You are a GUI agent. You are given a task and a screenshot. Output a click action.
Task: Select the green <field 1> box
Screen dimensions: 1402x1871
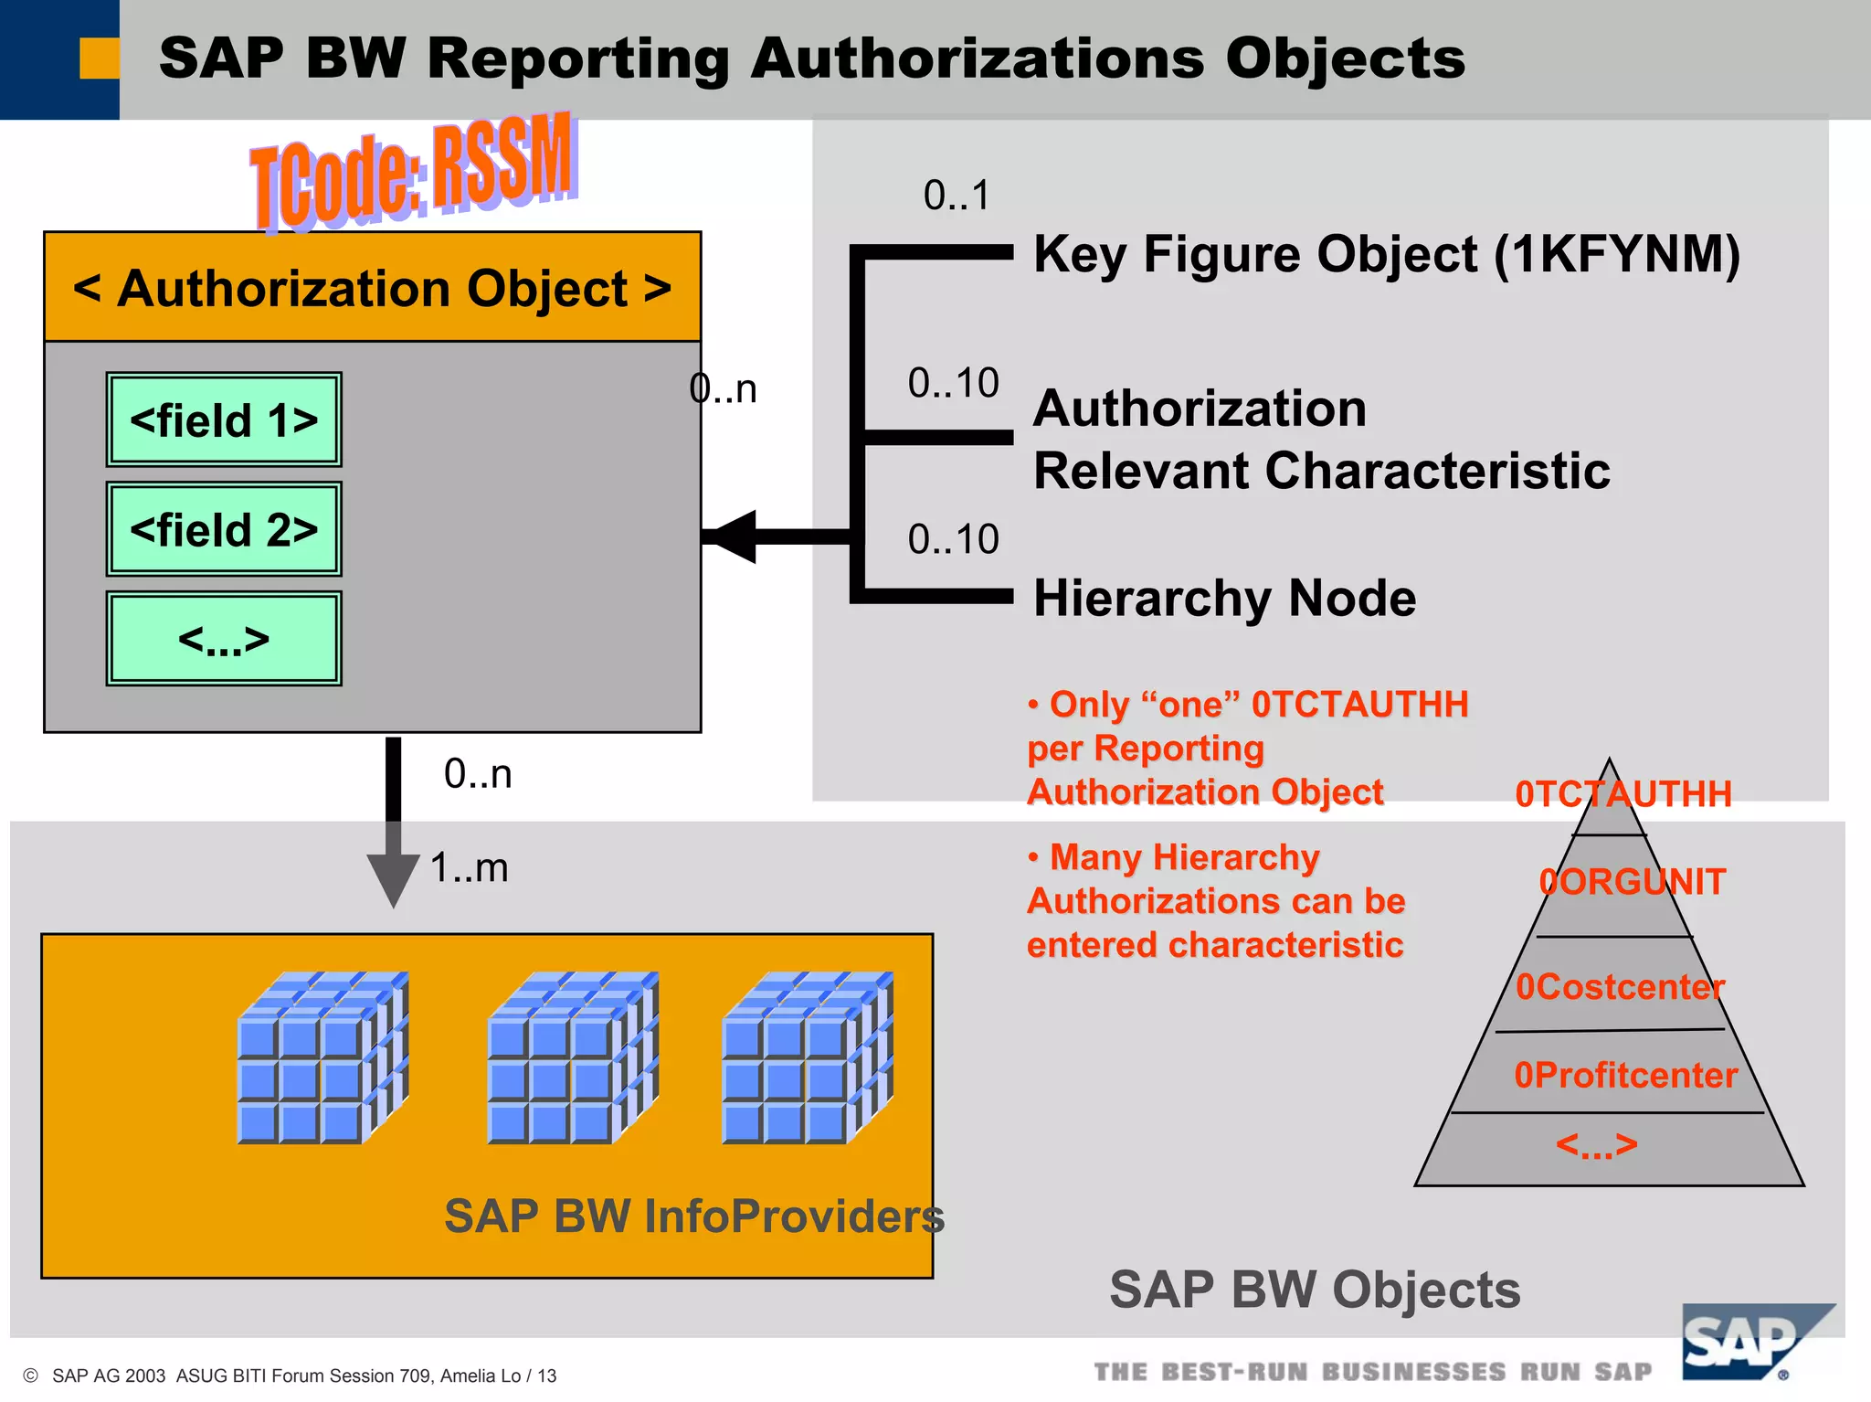224,420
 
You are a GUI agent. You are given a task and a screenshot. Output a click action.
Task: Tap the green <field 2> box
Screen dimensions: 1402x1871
224,529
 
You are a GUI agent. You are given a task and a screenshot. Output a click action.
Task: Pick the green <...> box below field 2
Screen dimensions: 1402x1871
224,639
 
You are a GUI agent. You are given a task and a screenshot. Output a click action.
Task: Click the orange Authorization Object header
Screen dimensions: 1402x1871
373,288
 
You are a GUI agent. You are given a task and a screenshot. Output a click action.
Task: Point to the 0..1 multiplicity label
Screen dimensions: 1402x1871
957,196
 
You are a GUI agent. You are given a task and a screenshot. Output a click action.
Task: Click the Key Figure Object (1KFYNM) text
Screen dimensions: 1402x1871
1386,254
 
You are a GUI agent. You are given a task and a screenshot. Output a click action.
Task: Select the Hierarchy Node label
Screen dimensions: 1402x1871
1224,599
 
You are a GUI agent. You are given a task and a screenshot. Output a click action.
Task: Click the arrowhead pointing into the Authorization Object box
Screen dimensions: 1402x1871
735,536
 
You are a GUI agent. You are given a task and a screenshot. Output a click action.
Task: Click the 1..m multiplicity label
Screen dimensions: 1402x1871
469,867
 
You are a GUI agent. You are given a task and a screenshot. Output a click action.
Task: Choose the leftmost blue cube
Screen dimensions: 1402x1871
322,1058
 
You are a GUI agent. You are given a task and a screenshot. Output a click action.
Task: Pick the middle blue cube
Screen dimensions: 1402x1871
573,1058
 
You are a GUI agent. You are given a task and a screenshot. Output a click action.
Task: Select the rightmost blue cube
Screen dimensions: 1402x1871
808,1058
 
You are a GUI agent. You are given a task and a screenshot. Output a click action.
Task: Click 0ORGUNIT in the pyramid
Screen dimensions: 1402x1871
1632,882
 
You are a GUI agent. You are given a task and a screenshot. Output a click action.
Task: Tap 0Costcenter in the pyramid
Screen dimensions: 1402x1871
1619,987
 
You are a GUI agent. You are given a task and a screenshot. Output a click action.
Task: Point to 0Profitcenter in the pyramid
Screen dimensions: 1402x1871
1625,1076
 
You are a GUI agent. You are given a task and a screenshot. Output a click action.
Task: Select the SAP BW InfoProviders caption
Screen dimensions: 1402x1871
693,1216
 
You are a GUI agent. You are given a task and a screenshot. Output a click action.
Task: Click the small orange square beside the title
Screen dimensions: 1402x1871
99,58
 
